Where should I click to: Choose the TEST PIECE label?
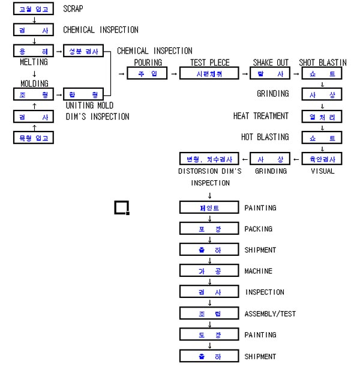pos(209,62)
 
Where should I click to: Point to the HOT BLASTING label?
pos(265,137)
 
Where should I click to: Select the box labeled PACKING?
pos(209,229)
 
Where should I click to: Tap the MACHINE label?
pos(258,271)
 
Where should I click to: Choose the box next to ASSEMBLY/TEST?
pos(209,314)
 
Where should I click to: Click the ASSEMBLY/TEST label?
pos(270,314)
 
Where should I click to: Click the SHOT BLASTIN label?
pos(323,62)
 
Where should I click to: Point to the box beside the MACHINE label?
pos(209,271)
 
